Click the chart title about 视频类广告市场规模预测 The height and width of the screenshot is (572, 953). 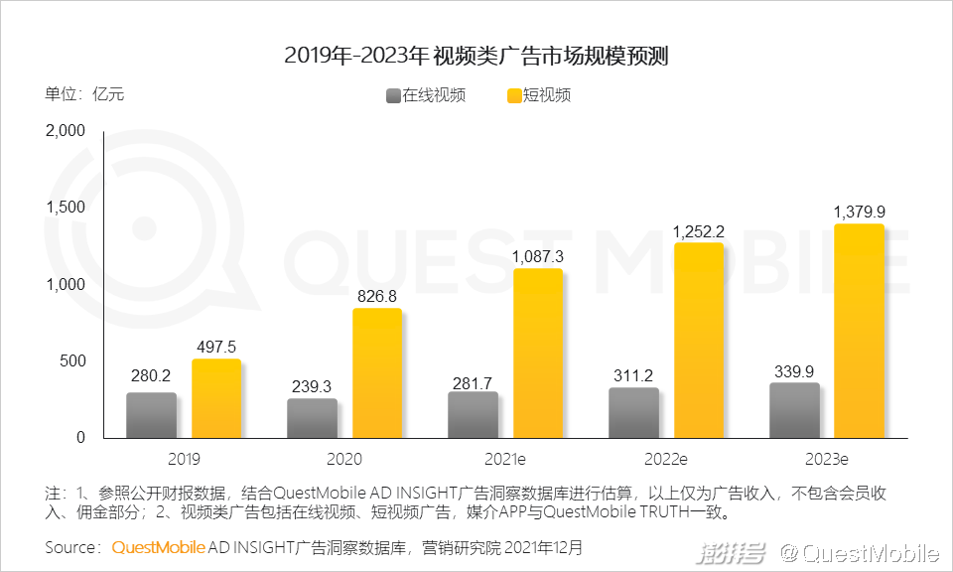(476, 55)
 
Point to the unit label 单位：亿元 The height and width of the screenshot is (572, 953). (84, 95)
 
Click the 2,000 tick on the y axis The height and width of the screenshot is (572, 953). (67, 131)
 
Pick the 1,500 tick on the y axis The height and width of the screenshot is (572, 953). (67, 208)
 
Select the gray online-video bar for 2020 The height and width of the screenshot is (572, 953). (312, 419)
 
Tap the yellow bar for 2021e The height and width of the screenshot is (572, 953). (537, 354)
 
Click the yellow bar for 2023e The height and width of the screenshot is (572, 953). (859, 331)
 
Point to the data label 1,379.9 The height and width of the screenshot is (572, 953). (859, 211)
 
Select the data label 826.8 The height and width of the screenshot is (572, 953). (376, 296)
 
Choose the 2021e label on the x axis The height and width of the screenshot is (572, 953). (504, 460)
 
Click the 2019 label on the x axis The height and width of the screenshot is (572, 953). (183, 460)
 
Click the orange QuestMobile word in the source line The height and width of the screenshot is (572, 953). (159, 547)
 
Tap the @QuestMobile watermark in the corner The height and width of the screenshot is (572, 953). (859, 552)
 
